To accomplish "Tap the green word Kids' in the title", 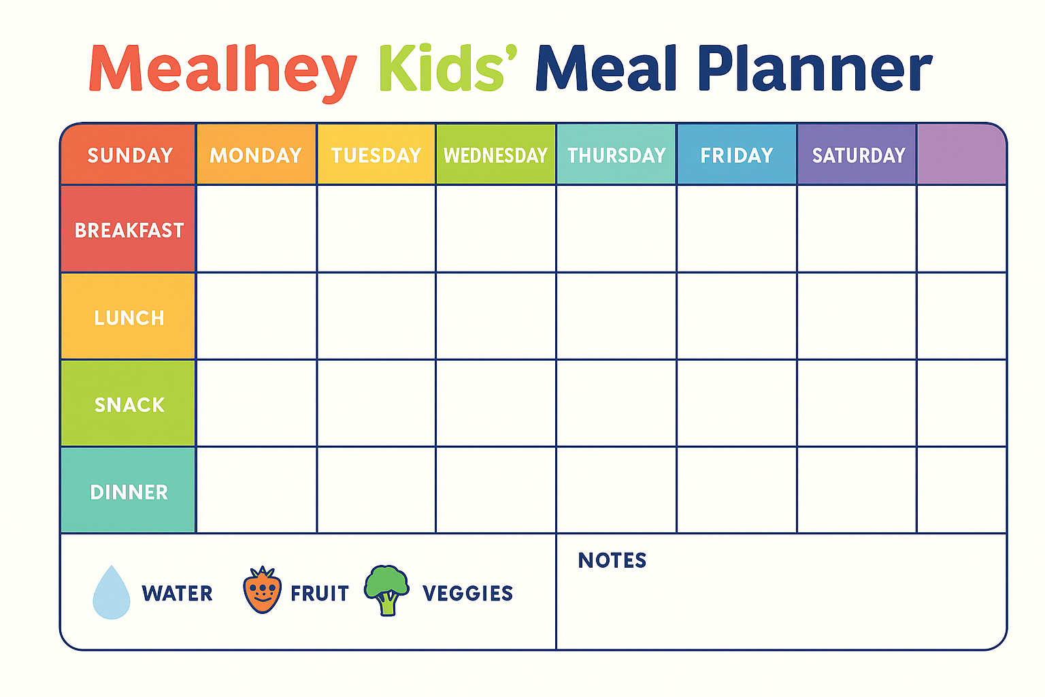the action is coord(448,67).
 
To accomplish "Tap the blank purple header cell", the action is coord(961,154).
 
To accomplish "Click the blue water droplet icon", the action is coord(112,593).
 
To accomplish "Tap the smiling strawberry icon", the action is coord(262,590).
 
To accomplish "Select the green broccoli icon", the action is coord(386,591).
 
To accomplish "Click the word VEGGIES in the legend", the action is coord(468,594).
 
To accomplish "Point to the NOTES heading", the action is coord(612,560).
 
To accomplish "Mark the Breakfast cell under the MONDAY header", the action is coord(256,229).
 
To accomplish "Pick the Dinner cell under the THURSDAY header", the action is coord(616,490).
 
